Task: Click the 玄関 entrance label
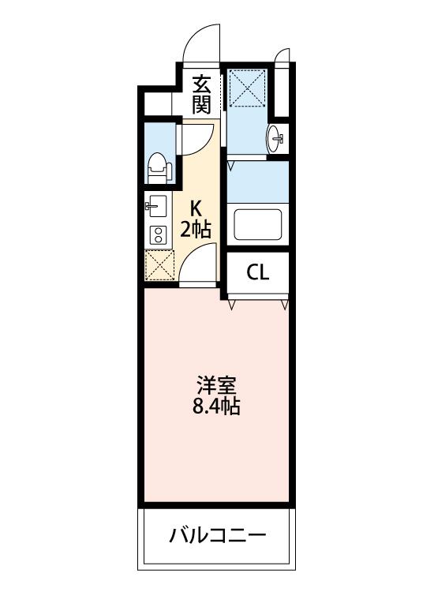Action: pyautogui.click(x=201, y=95)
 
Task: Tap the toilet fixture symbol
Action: pyautogui.click(x=159, y=168)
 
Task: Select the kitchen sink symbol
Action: pyautogui.click(x=156, y=206)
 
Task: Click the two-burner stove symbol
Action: pyautogui.click(x=158, y=234)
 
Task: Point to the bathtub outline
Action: pyautogui.click(x=258, y=225)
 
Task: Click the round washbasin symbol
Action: pyautogui.click(x=275, y=138)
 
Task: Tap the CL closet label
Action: pyautogui.click(x=258, y=272)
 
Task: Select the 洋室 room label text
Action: pyautogui.click(x=216, y=385)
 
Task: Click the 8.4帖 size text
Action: pyautogui.click(x=216, y=407)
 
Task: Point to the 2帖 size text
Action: pyautogui.click(x=195, y=229)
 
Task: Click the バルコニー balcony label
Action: pyautogui.click(x=217, y=535)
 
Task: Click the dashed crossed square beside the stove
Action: pyautogui.click(x=159, y=265)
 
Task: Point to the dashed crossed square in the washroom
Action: pyautogui.click(x=246, y=88)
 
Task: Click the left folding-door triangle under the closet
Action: pyautogui.click(x=232, y=305)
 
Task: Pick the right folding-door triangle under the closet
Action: pyautogui.click(x=286, y=305)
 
